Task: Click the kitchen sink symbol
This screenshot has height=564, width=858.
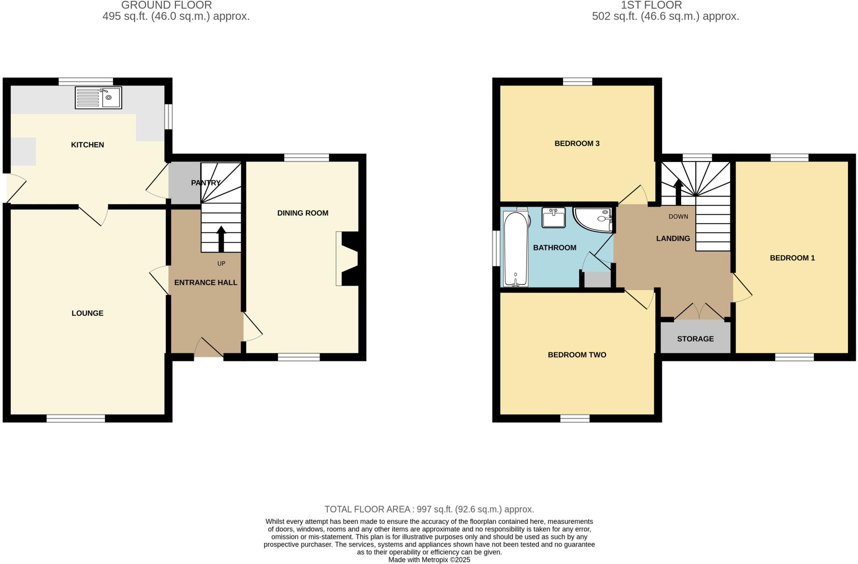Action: coord(98,98)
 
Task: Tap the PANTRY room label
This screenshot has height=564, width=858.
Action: coord(205,183)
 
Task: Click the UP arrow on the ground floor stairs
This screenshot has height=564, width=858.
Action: coord(221,238)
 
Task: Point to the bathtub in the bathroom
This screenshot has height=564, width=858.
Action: coord(516,249)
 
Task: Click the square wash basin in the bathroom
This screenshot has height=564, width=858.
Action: coord(553,217)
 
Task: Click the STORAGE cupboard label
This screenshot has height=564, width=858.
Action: coord(695,339)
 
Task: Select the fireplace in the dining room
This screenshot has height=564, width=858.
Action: coord(349,259)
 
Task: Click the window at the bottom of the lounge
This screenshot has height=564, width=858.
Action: coord(76,418)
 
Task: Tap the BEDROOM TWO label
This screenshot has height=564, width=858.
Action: coord(577,355)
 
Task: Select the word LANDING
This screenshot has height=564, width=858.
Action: coord(673,239)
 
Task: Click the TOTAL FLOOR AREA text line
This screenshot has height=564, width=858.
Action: coord(429,509)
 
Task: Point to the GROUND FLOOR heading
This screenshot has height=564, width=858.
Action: coord(166,5)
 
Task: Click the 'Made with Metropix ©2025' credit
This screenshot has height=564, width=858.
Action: coord(429,560)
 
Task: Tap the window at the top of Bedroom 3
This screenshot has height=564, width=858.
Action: coord(577,82)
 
